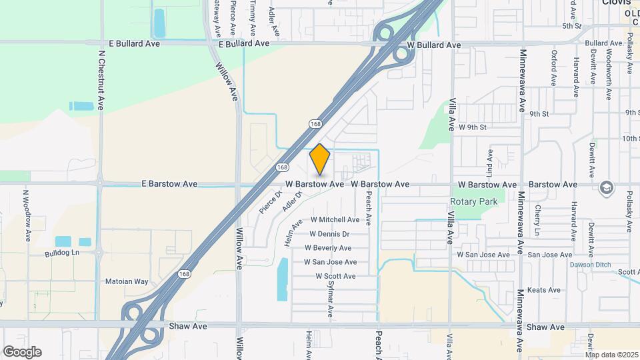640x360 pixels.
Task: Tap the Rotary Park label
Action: point(474,201)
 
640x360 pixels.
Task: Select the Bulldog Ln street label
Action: point(62,253)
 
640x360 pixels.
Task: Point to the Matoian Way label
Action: point(127,281)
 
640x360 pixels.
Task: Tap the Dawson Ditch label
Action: point(590,265)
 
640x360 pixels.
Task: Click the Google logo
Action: point(22,352)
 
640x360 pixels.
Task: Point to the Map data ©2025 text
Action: point(612,355)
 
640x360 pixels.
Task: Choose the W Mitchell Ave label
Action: point(334,219)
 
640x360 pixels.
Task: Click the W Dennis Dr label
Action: point(329,234)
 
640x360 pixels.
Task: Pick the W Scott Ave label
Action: point(335,276)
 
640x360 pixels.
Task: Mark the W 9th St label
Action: point(473,127)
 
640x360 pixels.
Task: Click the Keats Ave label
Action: point(543,290)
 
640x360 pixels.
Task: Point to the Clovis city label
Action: point(615,3)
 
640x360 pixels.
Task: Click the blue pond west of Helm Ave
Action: point(282,277)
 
